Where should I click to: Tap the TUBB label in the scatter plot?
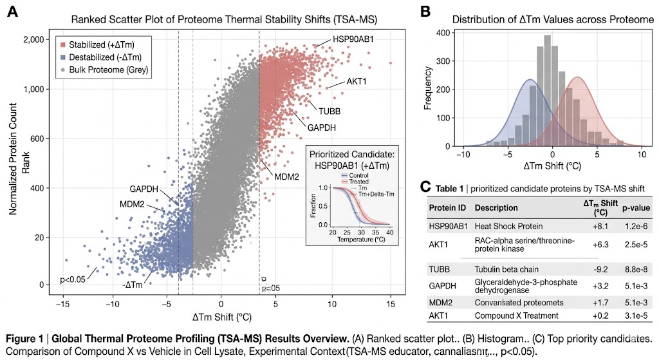point(328,111)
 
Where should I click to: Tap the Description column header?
point(496,208)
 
